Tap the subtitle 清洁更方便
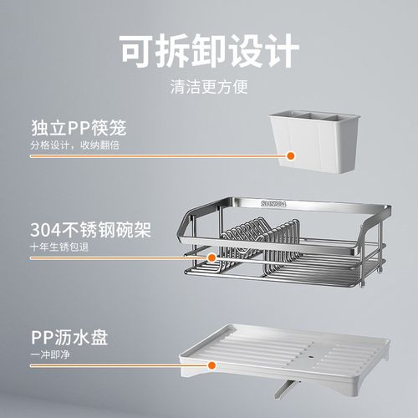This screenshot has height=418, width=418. pos(209,87)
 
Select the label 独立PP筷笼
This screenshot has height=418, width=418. pos(80,130)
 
